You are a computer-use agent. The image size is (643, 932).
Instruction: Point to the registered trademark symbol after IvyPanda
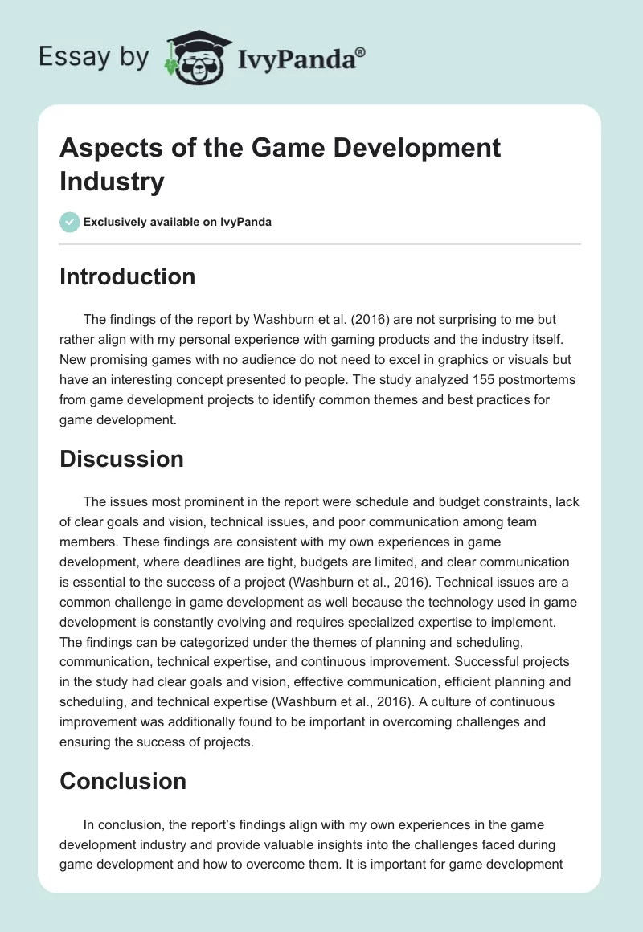tap(361, 52)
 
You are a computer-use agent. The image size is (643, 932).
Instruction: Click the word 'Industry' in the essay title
tap(112, 181)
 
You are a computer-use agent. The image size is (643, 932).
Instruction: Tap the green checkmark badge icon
tap(70, 222)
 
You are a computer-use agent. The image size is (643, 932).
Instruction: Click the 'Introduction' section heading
tap(127, 276)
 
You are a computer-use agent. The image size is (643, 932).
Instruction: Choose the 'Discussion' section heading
tap(121, 458)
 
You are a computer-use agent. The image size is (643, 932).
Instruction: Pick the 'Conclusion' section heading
tap(123, 780)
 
